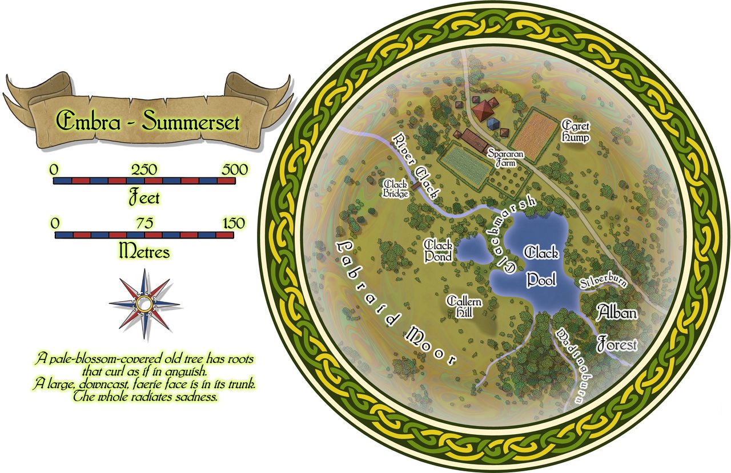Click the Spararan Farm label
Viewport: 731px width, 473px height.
tap(502, 158)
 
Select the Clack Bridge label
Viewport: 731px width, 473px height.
tap(395, 189)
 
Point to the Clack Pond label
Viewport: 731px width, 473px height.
tap(439, 250)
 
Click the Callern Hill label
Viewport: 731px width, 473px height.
tap(464, 306)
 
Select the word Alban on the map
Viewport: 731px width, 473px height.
tap(617, 312)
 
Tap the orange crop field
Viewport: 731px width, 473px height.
tap(533, 135)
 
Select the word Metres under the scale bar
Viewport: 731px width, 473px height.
tap(143, 250)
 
